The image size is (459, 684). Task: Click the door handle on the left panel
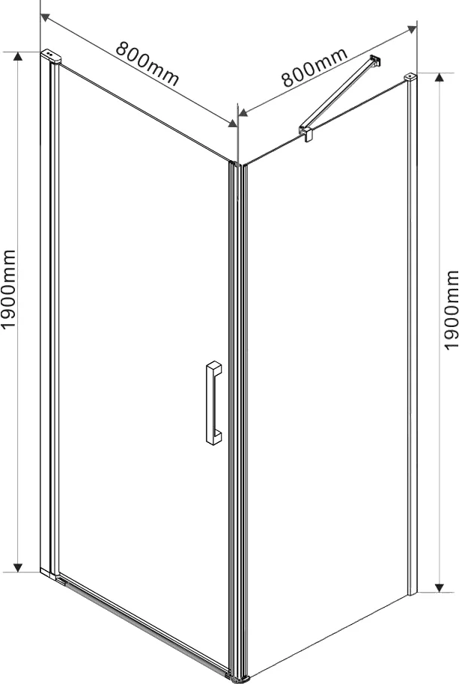tap(213, 403)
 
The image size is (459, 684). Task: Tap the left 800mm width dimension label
tap(148, 64)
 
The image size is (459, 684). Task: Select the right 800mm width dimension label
tap(314, 67)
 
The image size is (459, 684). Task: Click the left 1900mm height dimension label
tap(9, 290)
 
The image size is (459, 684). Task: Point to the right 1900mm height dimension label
tap(452, 310)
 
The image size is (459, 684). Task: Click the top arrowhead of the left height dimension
tap(17, 56)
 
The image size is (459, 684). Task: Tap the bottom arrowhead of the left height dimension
tap(17, 567)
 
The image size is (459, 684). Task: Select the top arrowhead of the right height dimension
tap(440, 77)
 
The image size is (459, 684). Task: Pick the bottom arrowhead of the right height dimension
tap(440, 587)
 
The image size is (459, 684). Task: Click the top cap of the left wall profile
tap(51, 57)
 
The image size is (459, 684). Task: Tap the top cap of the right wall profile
tap(410, 77)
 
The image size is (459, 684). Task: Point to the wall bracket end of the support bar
tap(375, 61)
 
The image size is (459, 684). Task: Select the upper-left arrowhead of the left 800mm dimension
tap(45, 17)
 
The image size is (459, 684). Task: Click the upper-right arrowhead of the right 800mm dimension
tap(411, 29)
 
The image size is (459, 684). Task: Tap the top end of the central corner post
tap(238, 165)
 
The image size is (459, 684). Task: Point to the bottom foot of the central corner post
tap(238, 678)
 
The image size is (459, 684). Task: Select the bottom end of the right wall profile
tap(412, 590)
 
